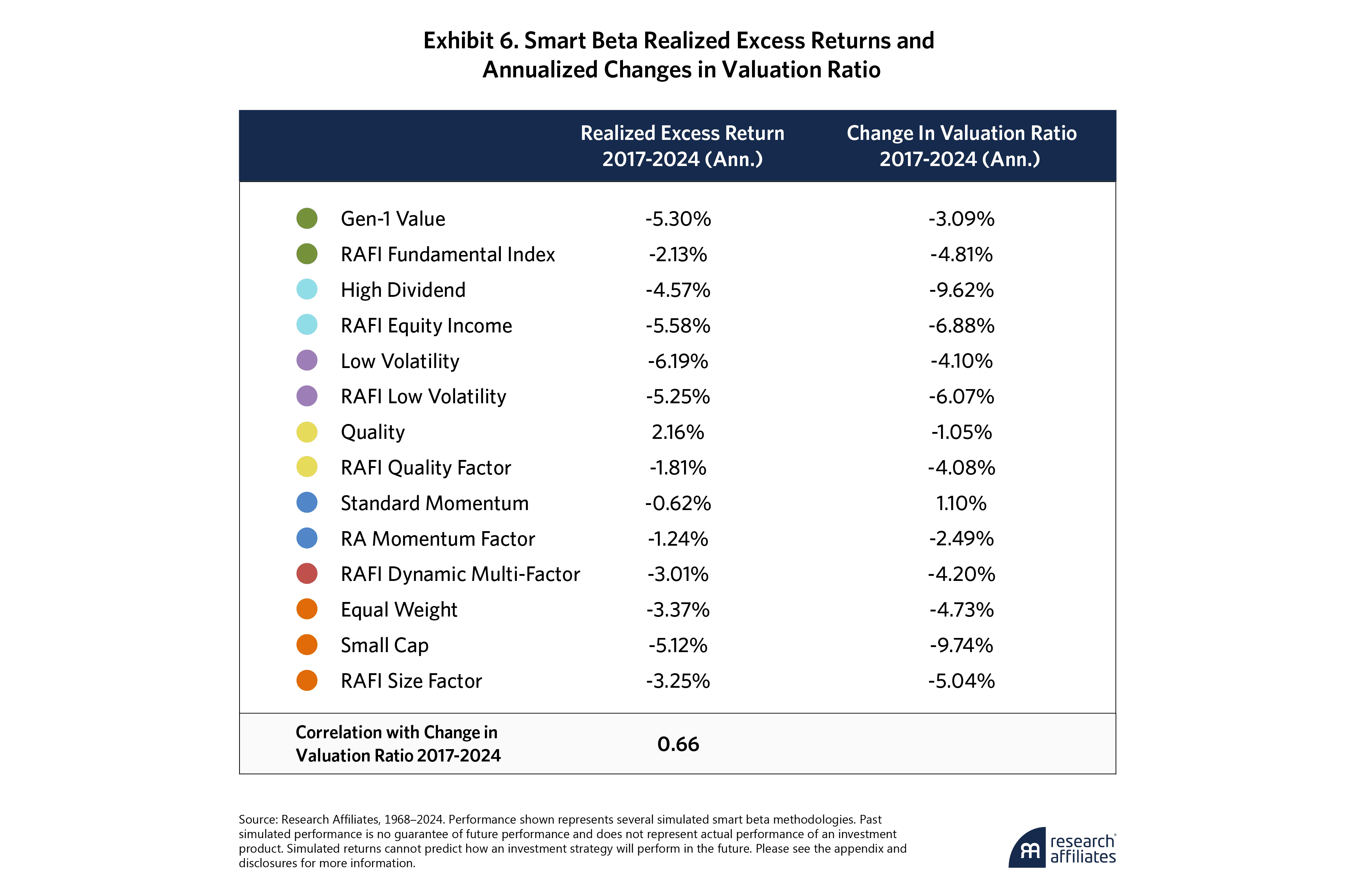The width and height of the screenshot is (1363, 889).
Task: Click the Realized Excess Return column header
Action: pyautogui.click(x=682, y=146)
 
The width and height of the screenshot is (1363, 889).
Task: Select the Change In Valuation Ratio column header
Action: pyautogui.click(x=961, y=146)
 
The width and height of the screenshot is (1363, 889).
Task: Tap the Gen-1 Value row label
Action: pyautogui.click(x=393, y=219)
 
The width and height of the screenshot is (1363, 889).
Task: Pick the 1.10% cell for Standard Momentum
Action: pyautogui.click(x=961, y=503)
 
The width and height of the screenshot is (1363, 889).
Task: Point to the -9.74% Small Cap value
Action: pyautogui.click(x=961, y=646)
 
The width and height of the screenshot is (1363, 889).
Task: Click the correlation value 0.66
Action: pyautogui.click(x=678, y=744)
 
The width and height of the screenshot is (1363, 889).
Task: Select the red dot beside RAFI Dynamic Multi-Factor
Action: pyautogui.click(x=307, y=574)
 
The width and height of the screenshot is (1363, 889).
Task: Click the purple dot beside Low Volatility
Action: pyautogui.click(x=307, y=361)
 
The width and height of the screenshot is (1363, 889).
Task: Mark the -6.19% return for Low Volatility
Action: pyautogui.click(x=678, y=361)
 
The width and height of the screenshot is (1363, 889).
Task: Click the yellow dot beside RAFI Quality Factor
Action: pyautogui.click(x=307, y=467)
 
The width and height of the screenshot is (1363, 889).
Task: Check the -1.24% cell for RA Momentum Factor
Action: pyautogui.click(x=678, y=539)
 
